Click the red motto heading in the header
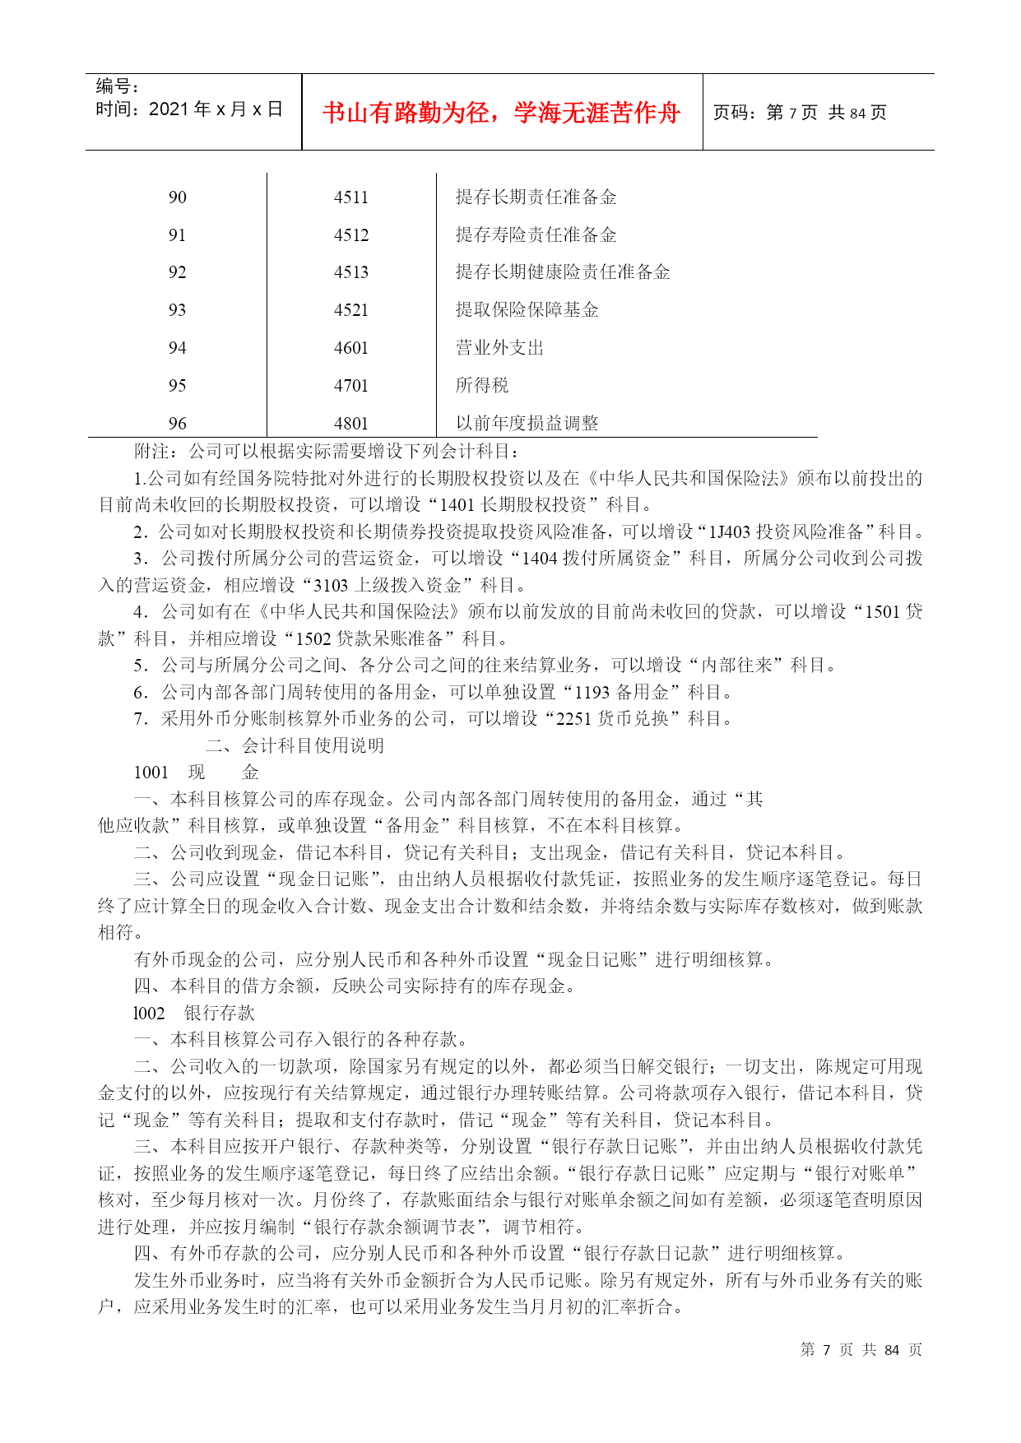point(501,113)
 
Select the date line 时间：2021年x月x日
point(189,109)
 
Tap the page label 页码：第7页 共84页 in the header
point(800,113)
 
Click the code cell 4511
point(351,197)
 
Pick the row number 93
point(177,310)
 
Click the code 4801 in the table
point(351,424)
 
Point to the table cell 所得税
point(482,386)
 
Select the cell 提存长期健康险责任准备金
point(563,272)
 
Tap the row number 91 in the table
point(177,235)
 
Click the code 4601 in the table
point(351,348)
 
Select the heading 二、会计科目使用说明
point(295,746)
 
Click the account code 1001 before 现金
point(151,773)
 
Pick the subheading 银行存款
point(220,1014)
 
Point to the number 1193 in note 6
point(592,693)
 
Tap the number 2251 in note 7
point(573,719)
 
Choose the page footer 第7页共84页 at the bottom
point(861,1350)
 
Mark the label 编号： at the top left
point(118,86)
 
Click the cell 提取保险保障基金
point(527,310)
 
